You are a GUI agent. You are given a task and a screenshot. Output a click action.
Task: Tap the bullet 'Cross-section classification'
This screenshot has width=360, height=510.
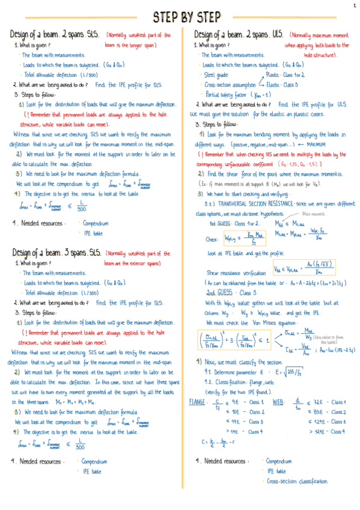[x=297, y=481]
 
